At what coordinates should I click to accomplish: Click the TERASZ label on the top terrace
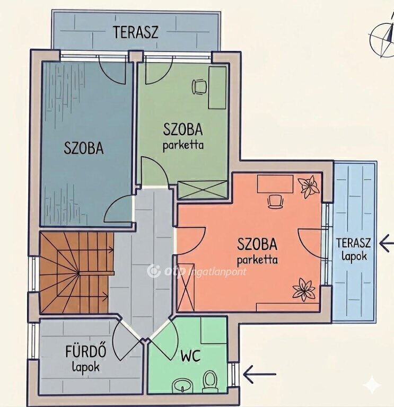(135, 32)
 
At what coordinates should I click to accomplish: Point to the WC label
(191, 356)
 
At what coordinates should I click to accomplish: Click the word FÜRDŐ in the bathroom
(85, 351)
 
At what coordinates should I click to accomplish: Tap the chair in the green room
(199, 87)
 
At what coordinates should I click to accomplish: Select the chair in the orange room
(275, 201)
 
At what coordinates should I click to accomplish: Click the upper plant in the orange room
(308, 186)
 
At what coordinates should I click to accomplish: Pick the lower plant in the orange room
(304, 289)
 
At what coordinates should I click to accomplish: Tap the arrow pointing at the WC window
(259, 374)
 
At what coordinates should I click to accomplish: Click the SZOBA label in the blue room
(83, 148)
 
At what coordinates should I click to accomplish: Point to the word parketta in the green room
(183, 145)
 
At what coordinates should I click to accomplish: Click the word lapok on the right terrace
(354, 256)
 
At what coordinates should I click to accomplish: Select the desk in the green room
(217, 88)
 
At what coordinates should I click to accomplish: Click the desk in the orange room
(275, 184)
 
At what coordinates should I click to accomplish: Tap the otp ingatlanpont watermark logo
(196, 271)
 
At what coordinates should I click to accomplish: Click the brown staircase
(76, 272)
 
